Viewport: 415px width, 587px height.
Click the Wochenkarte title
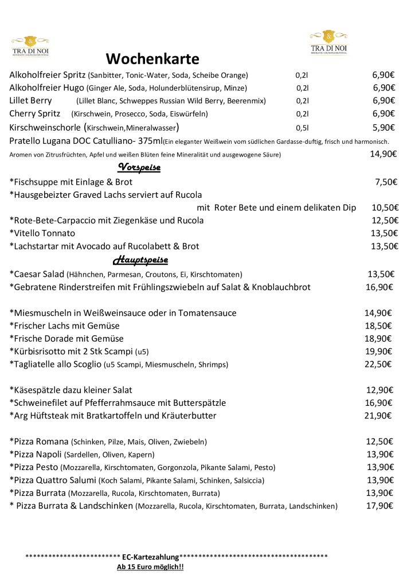coord(152,59)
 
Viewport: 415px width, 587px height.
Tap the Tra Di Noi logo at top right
coord(328,42)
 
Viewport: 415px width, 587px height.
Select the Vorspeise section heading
coord(139,167)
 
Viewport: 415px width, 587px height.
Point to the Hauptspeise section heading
coord(140,260)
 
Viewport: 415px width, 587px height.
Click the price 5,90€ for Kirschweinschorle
coord(384,127)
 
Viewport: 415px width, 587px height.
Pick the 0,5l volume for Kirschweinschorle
coord(302,128)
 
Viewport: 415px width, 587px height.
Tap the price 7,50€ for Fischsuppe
coord(386,182)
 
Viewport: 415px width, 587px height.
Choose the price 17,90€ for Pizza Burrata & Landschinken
coord(379,506)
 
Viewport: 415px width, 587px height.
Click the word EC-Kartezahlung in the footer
coord(150,557)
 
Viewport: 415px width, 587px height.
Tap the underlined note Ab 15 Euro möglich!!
coord(150,567)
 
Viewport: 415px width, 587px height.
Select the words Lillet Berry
coord(31,100)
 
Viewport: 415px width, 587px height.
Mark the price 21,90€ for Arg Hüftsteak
coord(378,415)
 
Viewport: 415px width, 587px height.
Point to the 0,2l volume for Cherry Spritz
coord(302,114)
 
